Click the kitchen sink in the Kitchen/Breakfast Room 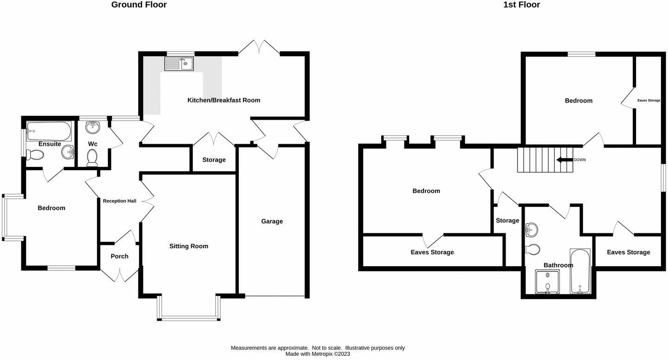[179, 64]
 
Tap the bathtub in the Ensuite [49, 131]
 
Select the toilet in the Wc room [92, 157]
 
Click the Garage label [272, 221]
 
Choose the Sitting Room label [188, 246]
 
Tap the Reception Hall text [120, 201]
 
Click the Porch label [119, 256]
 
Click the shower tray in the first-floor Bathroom [547, 283]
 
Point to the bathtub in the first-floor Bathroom [580, 272]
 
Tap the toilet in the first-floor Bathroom [533, 250]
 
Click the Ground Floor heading [139, 5]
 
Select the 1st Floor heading [521, 5]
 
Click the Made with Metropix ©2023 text [318, 354]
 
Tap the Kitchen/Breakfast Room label [224, 100]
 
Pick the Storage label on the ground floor [214, 160]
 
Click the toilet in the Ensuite [35, 154]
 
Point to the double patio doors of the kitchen [259, 47]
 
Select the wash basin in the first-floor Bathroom [532, 229]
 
